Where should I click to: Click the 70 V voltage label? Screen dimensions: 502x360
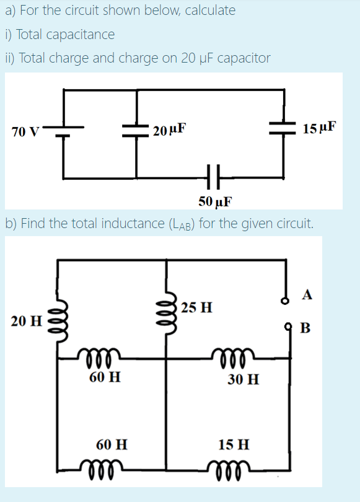25,131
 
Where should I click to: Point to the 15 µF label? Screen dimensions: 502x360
320,128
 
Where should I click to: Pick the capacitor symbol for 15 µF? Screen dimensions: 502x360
284,128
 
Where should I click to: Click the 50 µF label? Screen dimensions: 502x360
215,201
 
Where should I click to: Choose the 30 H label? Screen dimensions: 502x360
243,379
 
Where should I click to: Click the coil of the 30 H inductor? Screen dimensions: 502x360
230,356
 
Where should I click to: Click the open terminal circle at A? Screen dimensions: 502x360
286,301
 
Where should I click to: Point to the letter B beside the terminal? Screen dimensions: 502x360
304,327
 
